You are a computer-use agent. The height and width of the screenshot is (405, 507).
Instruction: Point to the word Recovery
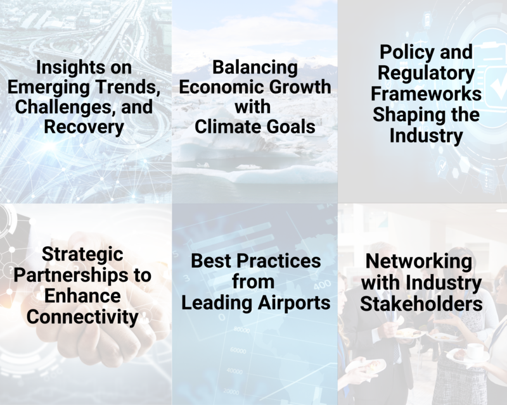84,127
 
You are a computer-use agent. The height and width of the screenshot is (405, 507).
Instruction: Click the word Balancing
255,68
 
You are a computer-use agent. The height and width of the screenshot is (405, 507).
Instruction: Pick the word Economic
221,87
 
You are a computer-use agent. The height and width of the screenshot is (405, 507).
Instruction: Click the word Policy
406,53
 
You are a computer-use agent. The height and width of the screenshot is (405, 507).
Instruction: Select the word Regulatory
426,73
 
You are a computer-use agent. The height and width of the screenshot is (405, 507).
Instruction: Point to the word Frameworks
426,94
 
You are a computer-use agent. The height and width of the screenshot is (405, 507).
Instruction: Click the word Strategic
82,255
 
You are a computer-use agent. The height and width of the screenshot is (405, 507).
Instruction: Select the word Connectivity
82,317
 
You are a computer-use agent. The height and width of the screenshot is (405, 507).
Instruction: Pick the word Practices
279,261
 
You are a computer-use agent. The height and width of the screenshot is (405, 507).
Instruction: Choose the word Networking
419,261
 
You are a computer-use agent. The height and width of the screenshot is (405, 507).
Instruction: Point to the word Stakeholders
421,304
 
